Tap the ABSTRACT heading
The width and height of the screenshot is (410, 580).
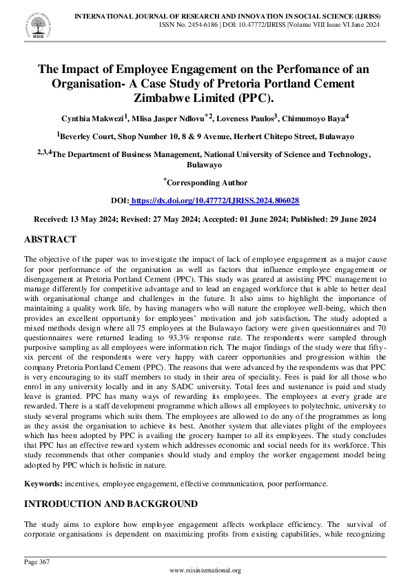pyautogui.click(x=51, y=240)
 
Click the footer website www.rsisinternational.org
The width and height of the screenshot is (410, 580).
pyautogui.click(x=205, y=570)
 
